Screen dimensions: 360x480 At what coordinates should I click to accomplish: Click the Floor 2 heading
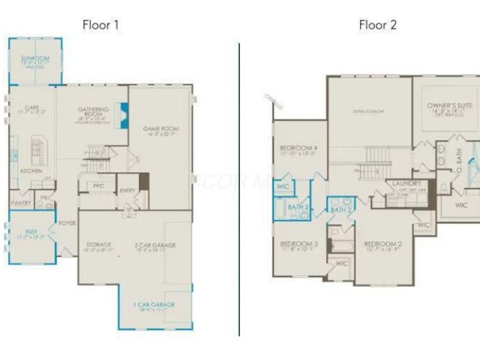pos(377,25)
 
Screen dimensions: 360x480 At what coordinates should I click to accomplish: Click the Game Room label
pos(160,129)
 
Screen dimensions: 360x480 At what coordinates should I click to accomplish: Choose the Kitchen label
pos(31,171)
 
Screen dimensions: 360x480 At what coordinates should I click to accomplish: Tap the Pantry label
pos(22,203)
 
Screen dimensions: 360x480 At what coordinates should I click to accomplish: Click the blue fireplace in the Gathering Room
pos(125,113)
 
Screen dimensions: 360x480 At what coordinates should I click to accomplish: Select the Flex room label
pos(31,231)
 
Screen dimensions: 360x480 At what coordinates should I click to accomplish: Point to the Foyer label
pos(67,223)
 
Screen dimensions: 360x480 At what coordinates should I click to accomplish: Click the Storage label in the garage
pos(98,244)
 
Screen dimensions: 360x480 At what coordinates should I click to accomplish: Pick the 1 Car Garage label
pos(154,305)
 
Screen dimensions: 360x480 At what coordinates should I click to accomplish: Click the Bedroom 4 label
pos(298,148)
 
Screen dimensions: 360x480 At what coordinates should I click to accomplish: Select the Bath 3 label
pos(298,207)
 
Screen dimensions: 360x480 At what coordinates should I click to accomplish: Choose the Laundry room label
pos(407,184)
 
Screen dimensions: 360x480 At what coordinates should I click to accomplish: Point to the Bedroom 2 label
pos(382,244)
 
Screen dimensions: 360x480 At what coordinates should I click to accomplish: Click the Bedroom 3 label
pos(298,244)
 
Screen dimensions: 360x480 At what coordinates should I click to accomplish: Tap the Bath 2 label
pos(340,210)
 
